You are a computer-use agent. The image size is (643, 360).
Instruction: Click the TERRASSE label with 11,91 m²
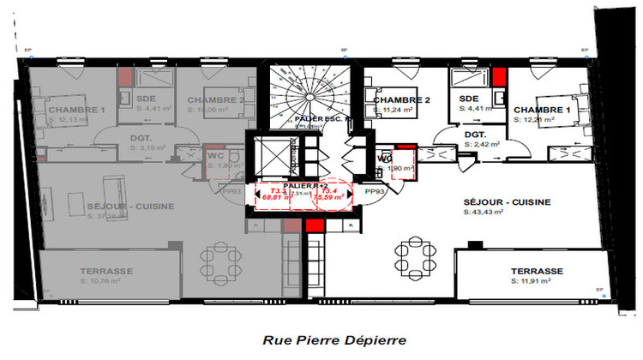(538, 269)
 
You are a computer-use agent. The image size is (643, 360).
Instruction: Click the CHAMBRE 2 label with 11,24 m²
(401, 100)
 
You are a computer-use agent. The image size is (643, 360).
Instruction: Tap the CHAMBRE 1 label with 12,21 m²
(542, 111)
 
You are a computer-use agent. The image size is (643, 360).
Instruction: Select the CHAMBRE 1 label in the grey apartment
(76, 111)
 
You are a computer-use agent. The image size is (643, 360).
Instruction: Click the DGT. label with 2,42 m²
(476, 135)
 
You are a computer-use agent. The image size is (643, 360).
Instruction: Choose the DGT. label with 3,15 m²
(141, 139)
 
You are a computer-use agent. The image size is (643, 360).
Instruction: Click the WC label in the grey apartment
(215, 156)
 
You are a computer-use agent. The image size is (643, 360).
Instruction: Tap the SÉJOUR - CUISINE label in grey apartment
(131, 206)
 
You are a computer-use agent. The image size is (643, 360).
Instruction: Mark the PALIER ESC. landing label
(318, 119)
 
